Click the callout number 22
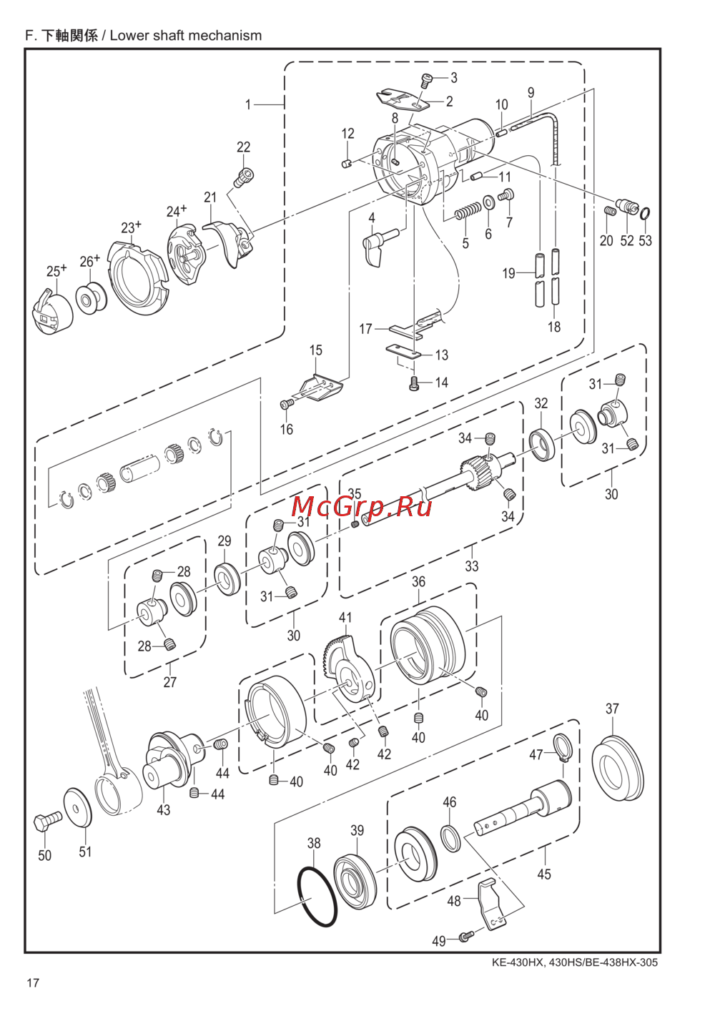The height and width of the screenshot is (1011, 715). [x=243, y=147]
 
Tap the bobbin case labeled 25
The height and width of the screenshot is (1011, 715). [x=51, y=312]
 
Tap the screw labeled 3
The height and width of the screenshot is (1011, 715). [x=427, y=80]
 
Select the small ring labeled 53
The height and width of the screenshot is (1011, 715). [x=645, y=212]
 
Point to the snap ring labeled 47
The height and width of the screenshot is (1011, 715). [x=563, y=749]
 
